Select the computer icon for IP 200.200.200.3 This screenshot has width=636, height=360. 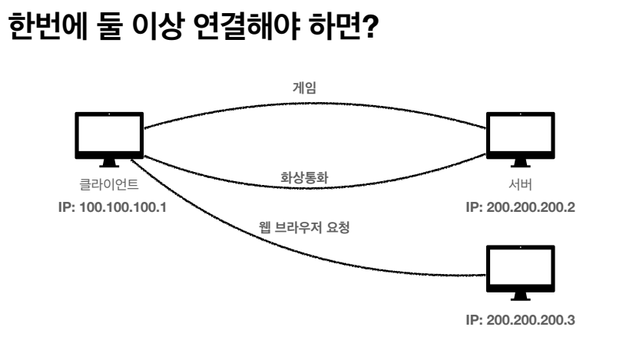(521, 269)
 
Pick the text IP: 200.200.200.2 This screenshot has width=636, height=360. (521, 208)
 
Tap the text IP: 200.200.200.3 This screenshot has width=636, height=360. (521, 321)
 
